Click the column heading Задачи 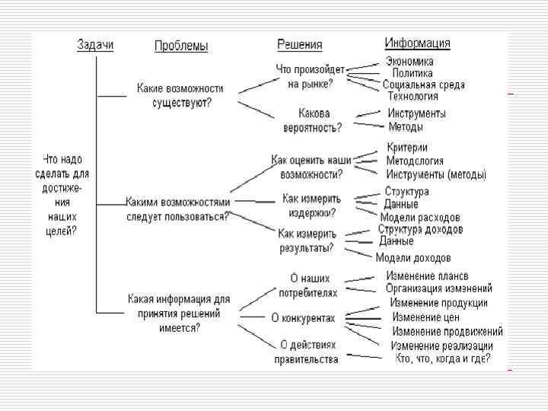point(95,44)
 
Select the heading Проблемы point(180,46)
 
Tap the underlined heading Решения point(299,45)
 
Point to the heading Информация point(417,43)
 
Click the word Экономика point(409,62)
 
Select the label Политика point(413,73)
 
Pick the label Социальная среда point(423,84)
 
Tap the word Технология point(413,96)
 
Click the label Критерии point(407,148)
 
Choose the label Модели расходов point(420,217)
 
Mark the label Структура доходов point(420,229)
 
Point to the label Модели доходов point(413,258)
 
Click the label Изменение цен point(425,317)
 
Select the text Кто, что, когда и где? point(442,358)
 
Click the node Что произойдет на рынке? point(310,76)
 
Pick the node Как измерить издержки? point(311,205)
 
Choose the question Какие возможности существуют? point(180,96)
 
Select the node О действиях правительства point(307,352)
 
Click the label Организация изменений point(439,288)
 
